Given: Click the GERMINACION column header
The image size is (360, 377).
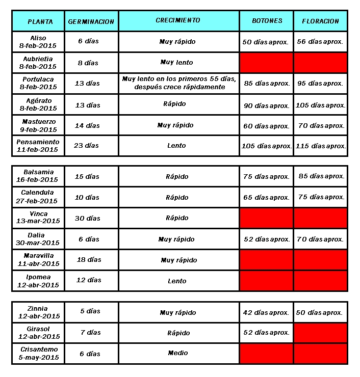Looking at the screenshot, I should click(91, 21).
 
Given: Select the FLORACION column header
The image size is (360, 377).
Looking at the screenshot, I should click(320, 21).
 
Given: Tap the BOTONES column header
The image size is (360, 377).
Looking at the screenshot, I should click(267, 21).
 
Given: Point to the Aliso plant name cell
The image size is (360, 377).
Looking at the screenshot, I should click(38, 42).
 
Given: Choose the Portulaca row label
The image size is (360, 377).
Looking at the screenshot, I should click(38, 83).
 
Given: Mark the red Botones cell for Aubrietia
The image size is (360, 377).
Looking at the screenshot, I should click(266, 63).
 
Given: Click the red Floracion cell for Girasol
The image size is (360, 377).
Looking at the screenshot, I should click(320, 333).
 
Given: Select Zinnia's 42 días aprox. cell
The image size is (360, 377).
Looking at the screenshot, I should click(266, 312).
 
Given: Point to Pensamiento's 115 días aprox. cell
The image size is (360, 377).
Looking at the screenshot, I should click(320, 146).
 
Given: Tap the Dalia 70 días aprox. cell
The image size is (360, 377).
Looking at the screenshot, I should click(320, 239).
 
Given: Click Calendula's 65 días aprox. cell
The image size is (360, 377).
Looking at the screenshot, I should click(266, 197).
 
